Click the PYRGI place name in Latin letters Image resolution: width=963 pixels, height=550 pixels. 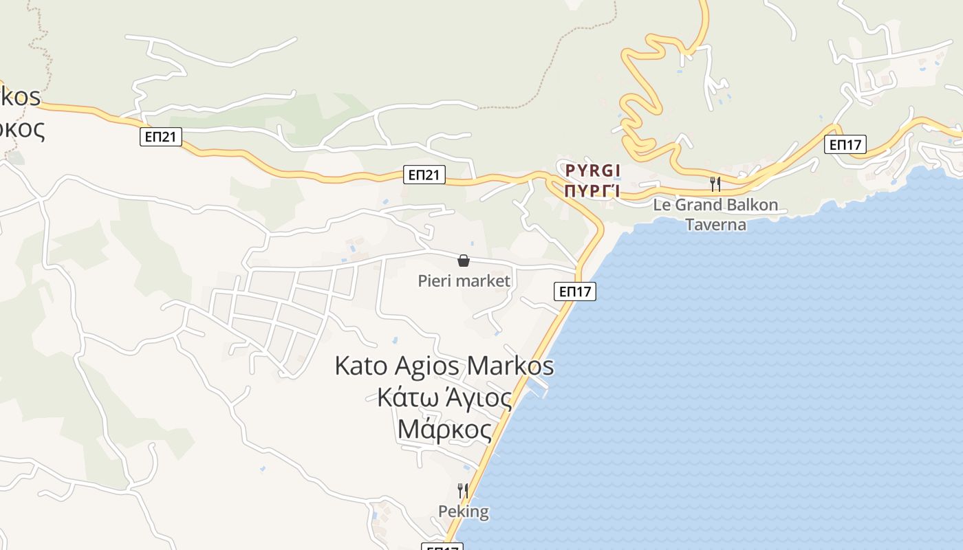point(592,170)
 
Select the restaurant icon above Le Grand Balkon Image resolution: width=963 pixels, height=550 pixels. point(715,184)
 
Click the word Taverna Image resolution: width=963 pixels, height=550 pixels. point(715,224)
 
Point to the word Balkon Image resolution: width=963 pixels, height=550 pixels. point(753,205)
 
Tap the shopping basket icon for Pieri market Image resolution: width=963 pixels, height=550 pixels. point(464,261)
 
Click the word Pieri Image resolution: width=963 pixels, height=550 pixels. point(433,280)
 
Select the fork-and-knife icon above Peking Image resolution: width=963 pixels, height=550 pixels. point(463,490)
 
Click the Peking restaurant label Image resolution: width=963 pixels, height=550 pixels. point(464,511)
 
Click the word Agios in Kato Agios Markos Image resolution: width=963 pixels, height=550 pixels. point(427,365)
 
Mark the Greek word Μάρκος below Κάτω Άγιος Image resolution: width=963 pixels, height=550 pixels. point(444,430)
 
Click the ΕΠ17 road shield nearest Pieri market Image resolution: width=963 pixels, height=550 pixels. point(574,291)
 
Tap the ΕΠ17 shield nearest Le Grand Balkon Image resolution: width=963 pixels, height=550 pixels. point(845,144)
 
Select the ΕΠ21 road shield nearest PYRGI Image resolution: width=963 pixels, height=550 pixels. point(424,175)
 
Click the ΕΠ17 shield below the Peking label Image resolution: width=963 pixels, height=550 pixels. point(442,547)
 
